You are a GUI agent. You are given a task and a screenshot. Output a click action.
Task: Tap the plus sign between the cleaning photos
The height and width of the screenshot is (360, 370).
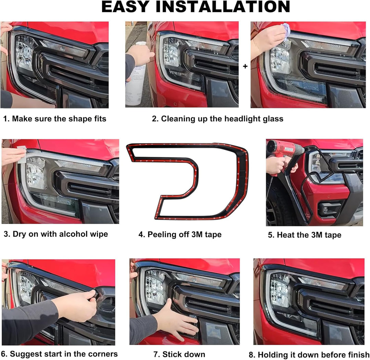(x=245, y=66)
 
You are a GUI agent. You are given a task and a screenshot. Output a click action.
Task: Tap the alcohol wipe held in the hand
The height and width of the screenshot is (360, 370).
(x=22, y=155)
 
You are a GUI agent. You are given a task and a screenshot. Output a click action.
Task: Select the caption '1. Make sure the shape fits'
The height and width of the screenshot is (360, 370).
(x=55, y=119)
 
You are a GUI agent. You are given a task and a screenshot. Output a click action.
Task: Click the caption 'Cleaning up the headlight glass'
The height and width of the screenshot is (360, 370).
(x=222, y=119)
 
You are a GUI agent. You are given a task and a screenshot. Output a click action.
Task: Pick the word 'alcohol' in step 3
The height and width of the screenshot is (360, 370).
(x=75, y=234)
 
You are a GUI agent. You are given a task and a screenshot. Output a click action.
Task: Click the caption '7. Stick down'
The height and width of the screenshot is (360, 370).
(x=179, y=354)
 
